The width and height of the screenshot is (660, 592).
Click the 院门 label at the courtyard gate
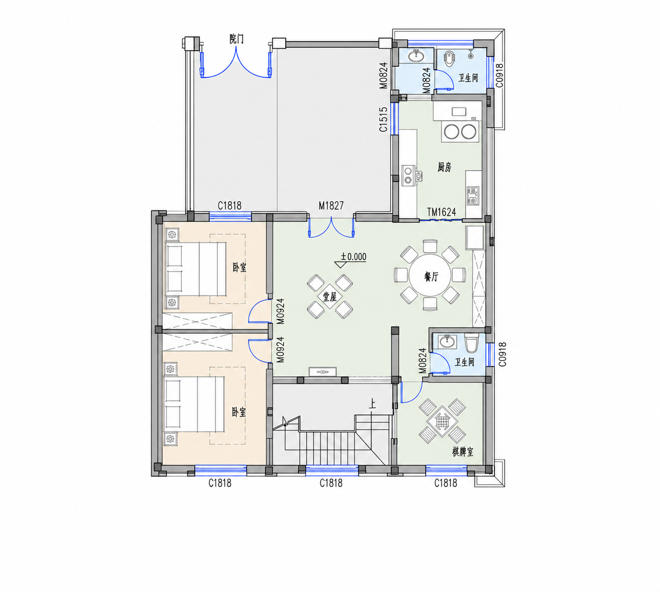pos(236,39)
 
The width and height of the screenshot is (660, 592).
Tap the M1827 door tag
pos(331,206)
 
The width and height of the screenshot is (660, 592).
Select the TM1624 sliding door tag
pos(441,212)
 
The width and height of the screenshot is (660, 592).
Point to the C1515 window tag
pos(383,119)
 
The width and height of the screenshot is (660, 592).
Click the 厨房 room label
pos(444,167)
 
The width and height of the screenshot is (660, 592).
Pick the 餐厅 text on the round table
pos(431,277)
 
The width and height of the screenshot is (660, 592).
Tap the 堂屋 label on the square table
pos(330,296)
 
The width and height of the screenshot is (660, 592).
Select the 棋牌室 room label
pos(463,452)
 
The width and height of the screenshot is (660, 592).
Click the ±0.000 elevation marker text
pos(353,257)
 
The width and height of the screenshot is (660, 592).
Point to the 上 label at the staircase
pos(372,405)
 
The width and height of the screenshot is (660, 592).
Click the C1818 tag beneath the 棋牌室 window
pos(446,482)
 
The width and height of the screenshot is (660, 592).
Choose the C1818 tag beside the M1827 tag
pos(230,206)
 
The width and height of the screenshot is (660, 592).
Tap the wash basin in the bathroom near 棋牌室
pos(447,341)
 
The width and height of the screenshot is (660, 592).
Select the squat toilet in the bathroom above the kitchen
pos(449,59)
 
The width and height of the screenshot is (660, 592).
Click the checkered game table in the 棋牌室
pos(441,421)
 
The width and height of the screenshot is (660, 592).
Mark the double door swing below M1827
pos(331,227)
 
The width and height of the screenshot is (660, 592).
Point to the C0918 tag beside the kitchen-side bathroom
pos(499,76)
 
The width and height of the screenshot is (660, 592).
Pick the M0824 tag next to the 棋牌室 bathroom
pos(423,361)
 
